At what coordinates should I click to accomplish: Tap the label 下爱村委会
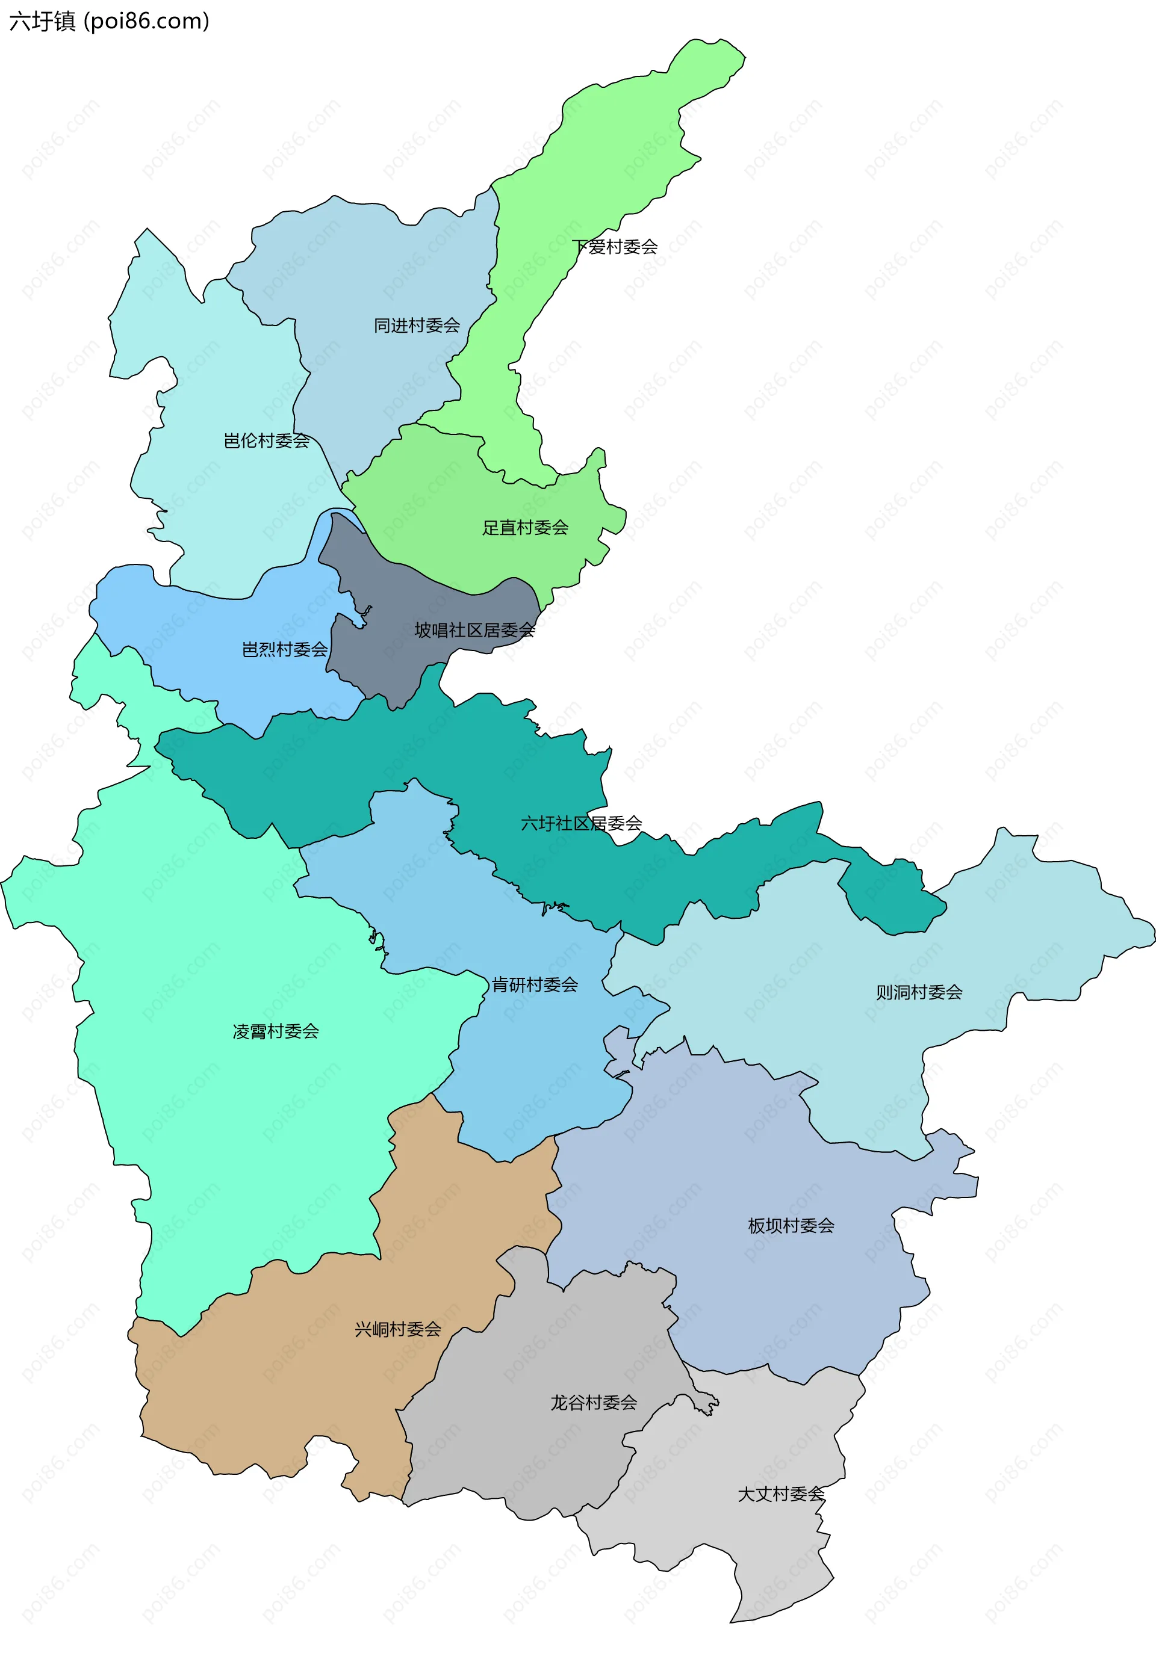pos(615,247)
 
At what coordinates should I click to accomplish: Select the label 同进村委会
pos(417,326)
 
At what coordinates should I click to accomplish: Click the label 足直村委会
pos(525,528)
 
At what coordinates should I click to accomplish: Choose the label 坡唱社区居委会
pos(474,631)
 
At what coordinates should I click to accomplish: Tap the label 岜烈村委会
pos(285,649)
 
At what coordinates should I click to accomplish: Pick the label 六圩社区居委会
pos(582,823)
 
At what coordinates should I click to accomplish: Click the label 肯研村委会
pos(535,984)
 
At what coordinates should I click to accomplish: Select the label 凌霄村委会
pos(275,1031)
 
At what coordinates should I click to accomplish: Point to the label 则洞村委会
pos(919,992)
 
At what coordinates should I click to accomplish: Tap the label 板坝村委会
pos(791,1226)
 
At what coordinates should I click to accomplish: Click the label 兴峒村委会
pos(397,1329)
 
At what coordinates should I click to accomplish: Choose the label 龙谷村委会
pos(594,1403)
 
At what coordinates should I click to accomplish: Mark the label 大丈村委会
pos(781,1494)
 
